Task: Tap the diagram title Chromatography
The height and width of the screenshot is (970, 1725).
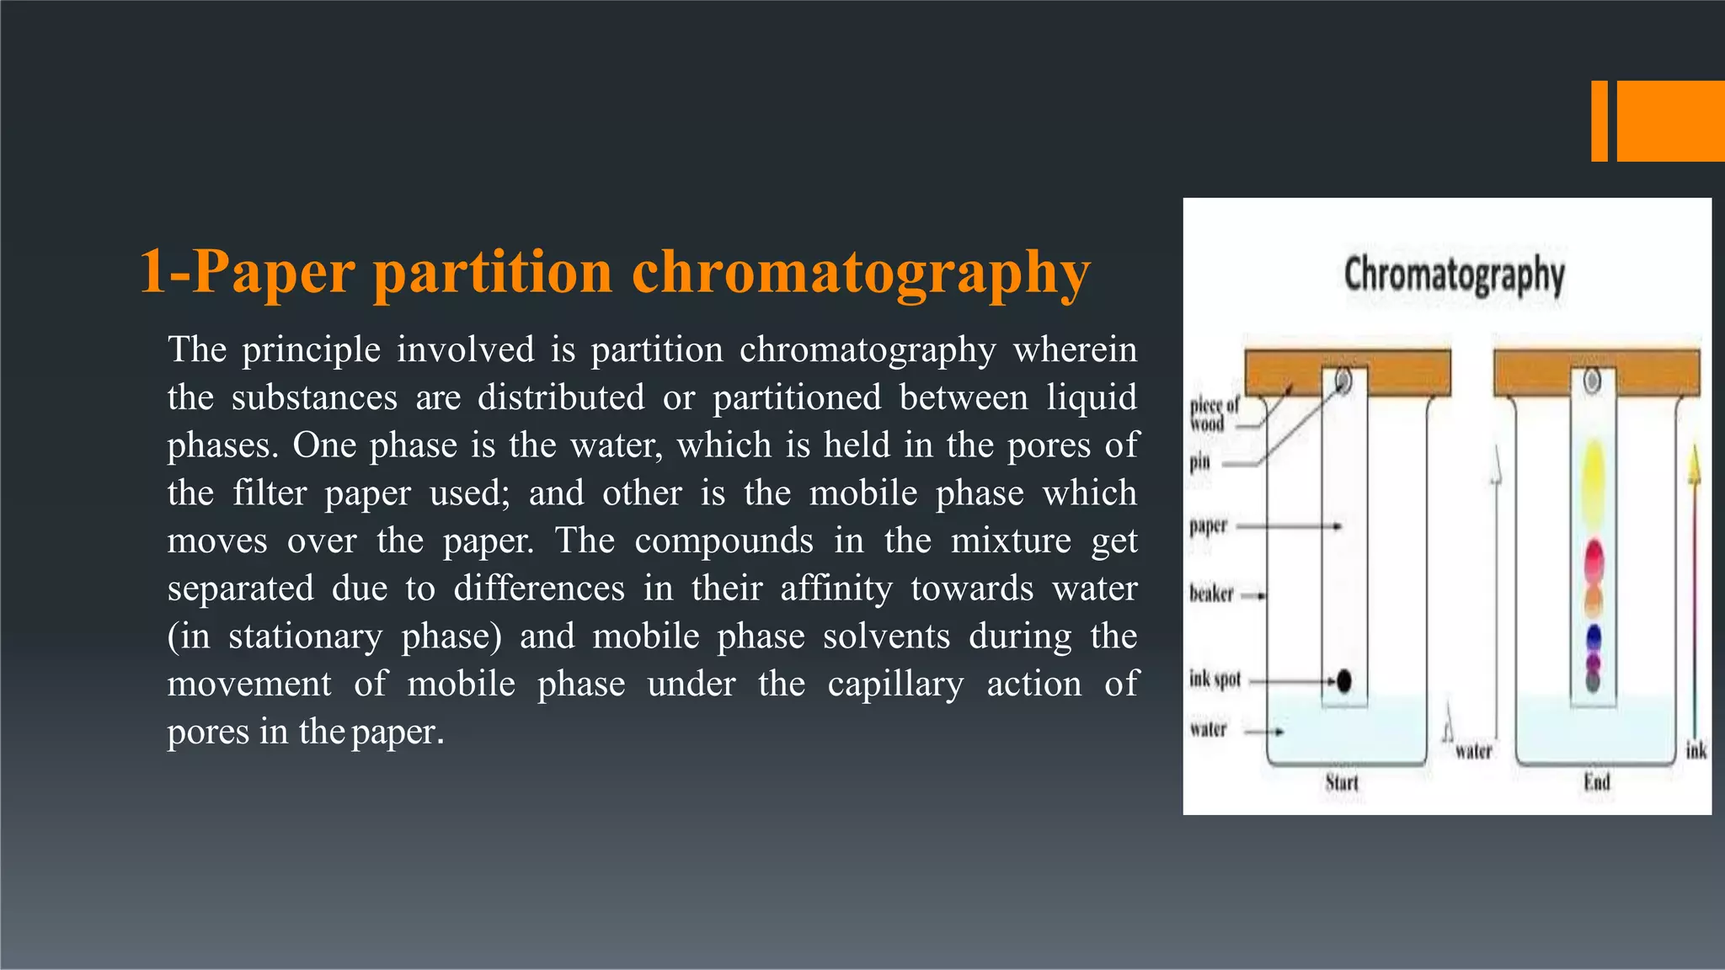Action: pos(1454,274)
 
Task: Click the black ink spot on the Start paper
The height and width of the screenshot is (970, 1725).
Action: pos(1344,680)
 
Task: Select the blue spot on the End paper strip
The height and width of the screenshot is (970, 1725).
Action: pos(1593,638)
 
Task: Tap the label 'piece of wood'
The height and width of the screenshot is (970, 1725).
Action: pos(1214,414)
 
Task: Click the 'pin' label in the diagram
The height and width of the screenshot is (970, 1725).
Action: pos(1200,461)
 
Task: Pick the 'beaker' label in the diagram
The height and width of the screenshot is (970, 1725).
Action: pos(1211,594)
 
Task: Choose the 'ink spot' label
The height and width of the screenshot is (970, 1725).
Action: pos(1215,679)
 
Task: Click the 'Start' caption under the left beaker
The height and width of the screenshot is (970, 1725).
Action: pos(1342,782)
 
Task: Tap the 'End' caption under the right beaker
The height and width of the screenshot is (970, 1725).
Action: pos(1596,782)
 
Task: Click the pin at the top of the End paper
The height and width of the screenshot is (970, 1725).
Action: pos(1592,381)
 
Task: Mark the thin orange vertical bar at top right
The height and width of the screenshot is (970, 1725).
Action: pos(1599,121)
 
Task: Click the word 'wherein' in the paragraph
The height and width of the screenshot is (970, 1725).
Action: pos(1075,349)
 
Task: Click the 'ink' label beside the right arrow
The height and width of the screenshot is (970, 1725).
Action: pos(1696,750)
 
